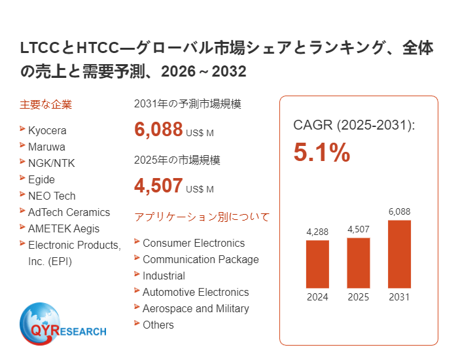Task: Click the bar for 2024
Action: point(317,264)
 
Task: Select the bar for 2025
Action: point(358,262)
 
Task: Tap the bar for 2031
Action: point(399,254)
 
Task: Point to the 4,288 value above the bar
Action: point(317,232)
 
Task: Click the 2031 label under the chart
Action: point(399,297)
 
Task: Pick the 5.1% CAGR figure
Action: point(322,153)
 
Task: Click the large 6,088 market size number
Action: point(158,130)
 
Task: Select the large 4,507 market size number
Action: point(158,186)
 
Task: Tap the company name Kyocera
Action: point(47,130)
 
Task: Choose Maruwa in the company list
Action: point(46,147)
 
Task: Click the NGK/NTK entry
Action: point(51,163)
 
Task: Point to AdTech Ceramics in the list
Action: point(69,212)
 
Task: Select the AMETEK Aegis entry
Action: point(64,228)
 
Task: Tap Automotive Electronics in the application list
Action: point(196,292)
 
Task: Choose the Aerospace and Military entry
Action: point(196,308)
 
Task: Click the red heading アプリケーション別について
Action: point(202,217)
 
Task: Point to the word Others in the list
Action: point(158,325)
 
